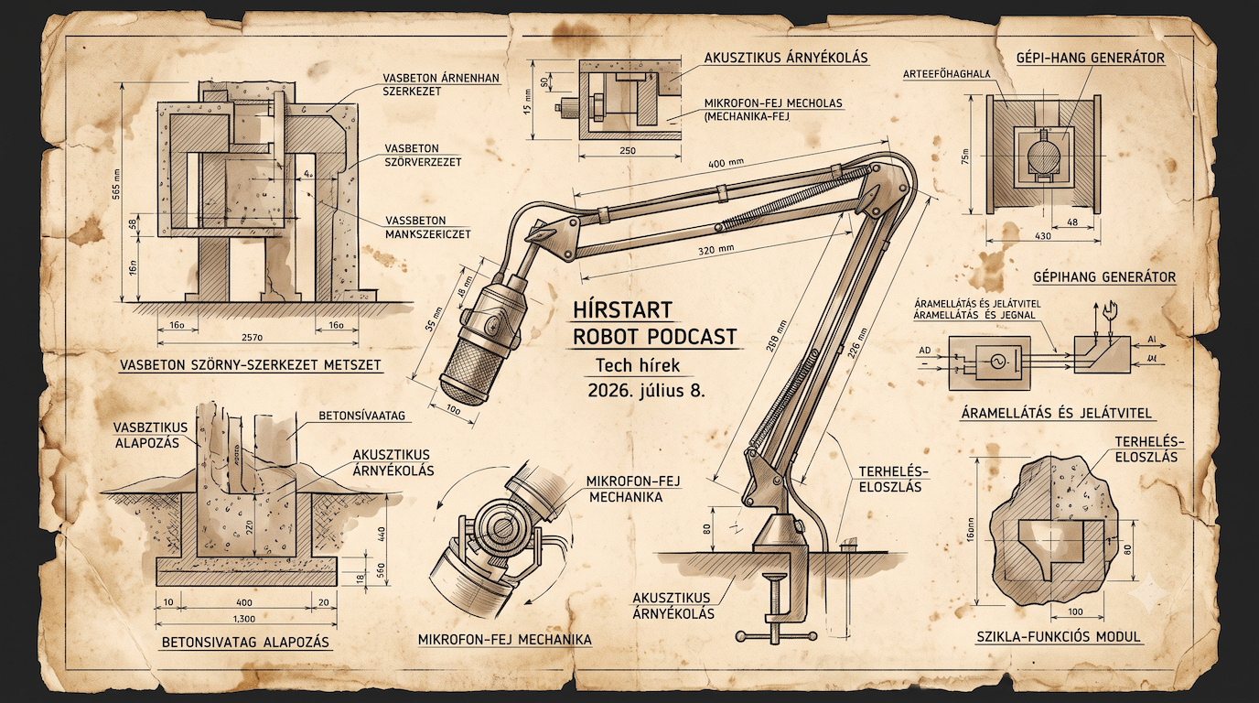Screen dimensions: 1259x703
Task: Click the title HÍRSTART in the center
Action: click(x=622, y=310)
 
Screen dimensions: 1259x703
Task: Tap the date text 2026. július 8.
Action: click(x=646, y=390)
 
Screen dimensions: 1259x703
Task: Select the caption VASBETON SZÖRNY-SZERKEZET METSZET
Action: click(x=252, y=365)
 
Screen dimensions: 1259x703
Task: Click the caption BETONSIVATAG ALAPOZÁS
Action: click(x=245, y=643)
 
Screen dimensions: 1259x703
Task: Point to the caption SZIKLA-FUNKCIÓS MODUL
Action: click(x=1059, y=637)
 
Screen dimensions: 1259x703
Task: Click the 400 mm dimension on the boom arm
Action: click(x=726, y=164)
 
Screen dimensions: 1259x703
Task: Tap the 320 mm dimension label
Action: click(x=716, y=249)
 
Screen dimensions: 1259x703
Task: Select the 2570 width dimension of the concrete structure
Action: click(x=252, y=338)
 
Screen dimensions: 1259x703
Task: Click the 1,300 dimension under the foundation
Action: click(x=243, y=619)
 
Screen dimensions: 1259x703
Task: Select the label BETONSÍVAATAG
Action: click(x=362, y=416)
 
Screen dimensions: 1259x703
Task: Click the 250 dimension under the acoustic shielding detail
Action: click(x=628, y=151)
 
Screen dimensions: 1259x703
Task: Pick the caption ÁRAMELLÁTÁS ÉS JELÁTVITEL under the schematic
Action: click(x=1057, y=414)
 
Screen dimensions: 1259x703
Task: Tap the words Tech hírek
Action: click(x=638, y=366)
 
